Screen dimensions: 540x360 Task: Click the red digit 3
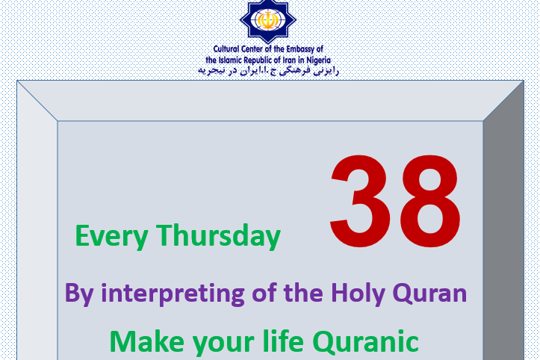click(x=360, y=201)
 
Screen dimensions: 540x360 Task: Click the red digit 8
click(x=429, y=201)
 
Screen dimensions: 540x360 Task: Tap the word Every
click(x=111, y=237)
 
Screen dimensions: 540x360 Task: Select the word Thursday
click(x=218, y=235)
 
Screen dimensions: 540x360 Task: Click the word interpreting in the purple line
click(x=173, y=294)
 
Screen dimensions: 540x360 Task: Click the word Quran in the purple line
click(x=429, y=294)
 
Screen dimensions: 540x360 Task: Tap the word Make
click(x=147, y=341)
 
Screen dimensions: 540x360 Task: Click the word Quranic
click(x=365, y=342)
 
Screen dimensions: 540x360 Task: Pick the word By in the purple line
click(x=79, y=294)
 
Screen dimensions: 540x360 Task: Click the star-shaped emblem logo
click(x=268, y=21)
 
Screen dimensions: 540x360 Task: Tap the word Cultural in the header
click(x=226, y=49)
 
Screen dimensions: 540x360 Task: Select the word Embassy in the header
click(x=300, y=49)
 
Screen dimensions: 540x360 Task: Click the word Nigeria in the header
click(x=319, y=60)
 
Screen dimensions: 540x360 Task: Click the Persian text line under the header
click(x=268, y=71)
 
